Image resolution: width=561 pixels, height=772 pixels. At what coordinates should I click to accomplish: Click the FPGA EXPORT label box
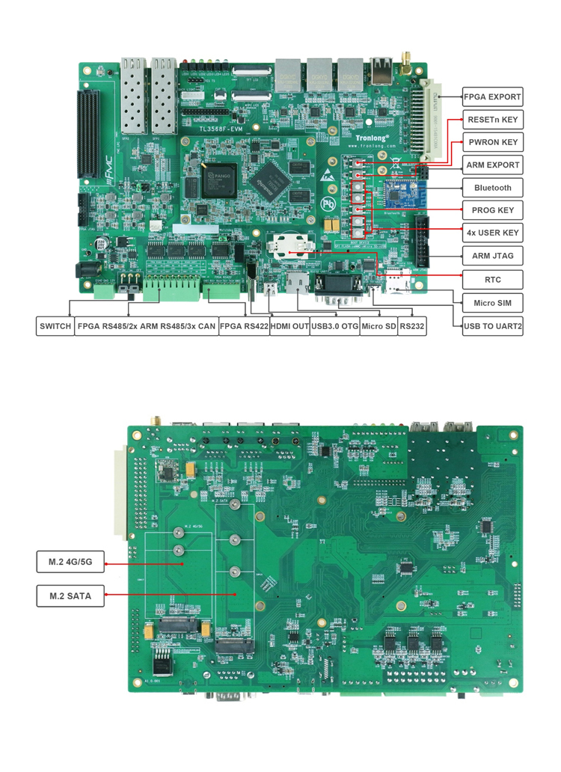pos(491,96)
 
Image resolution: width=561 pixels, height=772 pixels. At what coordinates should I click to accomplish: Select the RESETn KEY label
pos(491,120)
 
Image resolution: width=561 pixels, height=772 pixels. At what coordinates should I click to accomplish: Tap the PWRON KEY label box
pos(491,142)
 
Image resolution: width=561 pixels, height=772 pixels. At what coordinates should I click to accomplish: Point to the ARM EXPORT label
pos(491,165)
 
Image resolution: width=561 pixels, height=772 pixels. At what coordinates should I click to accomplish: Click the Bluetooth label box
pos(491,188)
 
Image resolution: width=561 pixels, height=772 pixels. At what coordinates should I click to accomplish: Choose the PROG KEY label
pos(491,210)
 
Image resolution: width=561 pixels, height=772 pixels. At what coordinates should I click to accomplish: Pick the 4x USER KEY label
pos(491,233)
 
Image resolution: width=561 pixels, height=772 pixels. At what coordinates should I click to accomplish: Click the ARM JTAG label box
pos(491,256)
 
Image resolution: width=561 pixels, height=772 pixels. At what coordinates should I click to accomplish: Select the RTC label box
pos(491,280)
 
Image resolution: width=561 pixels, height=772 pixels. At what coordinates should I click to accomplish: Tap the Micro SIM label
pos(491,303)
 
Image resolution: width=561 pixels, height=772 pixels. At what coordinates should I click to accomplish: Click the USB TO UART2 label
pos(491,326)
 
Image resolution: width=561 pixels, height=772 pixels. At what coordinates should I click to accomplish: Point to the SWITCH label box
pos(55,326)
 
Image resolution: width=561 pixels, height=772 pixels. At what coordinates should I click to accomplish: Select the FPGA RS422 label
pos(244,326)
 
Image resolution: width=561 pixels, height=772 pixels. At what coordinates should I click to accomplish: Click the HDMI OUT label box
pos(289,326)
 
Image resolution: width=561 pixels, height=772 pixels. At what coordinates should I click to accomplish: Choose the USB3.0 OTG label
pos(334,326)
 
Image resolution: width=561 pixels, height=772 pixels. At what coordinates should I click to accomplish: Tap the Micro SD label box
pos(378,326)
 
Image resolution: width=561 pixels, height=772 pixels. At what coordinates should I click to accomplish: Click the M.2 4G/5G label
pos(70,561)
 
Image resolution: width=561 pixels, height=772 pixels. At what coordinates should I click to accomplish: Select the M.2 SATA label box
pos(70,595)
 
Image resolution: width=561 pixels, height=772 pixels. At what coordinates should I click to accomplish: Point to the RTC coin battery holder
pos(288,244)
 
